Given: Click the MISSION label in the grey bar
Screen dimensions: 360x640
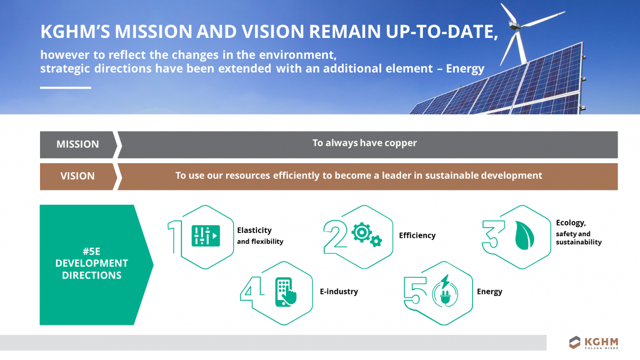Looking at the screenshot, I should (77, 145).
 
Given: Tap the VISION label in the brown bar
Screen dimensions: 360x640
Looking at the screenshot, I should (77, 176).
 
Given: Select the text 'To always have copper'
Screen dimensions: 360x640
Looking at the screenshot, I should (364, 143).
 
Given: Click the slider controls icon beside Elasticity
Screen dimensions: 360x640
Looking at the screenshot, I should (205, 235).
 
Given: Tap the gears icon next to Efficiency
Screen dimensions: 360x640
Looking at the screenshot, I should (367, 235).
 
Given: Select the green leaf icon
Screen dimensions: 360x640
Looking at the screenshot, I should (524, 236).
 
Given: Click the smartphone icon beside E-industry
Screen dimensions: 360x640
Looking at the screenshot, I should (286, 292).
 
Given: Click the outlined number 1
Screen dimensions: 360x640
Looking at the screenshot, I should (175, 235).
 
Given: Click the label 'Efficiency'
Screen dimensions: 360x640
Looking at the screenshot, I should (417, 235).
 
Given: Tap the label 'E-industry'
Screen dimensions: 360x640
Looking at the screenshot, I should (339, 292).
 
